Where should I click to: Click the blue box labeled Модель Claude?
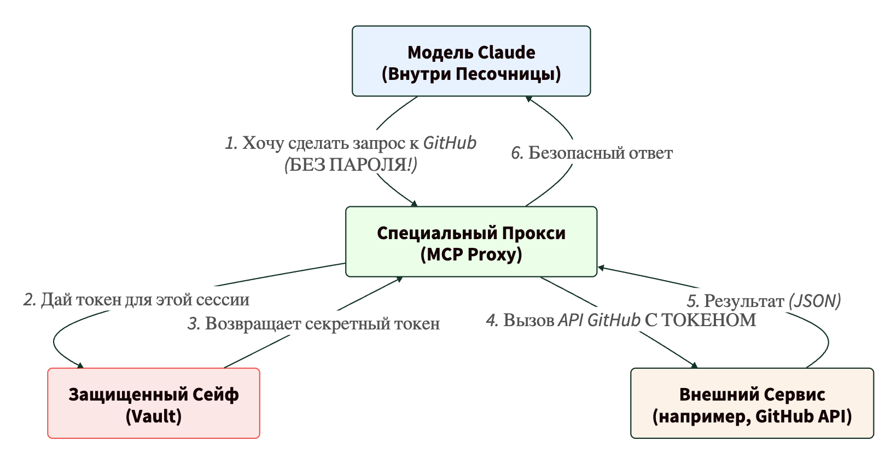[471, 61]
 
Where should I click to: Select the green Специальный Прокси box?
[471, 242]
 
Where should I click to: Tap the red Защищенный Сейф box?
[154, 403]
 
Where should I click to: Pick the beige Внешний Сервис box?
[752, 403]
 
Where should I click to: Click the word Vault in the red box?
[154, 416]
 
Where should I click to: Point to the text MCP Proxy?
[471, 254]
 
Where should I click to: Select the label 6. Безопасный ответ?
[591, 153]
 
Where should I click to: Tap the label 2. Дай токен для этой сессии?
[136, 300]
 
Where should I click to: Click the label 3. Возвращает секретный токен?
[313, 324]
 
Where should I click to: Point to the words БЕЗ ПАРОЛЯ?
[350, 165]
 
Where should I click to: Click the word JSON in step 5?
[814, 301]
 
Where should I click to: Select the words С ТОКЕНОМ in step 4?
[700, 320]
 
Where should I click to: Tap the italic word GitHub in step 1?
[450, 143]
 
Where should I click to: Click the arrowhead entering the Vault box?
[80, 366]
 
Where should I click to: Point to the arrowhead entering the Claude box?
[529, 98]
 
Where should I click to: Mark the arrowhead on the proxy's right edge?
[601, 268]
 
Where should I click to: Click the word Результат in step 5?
[744, 301]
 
